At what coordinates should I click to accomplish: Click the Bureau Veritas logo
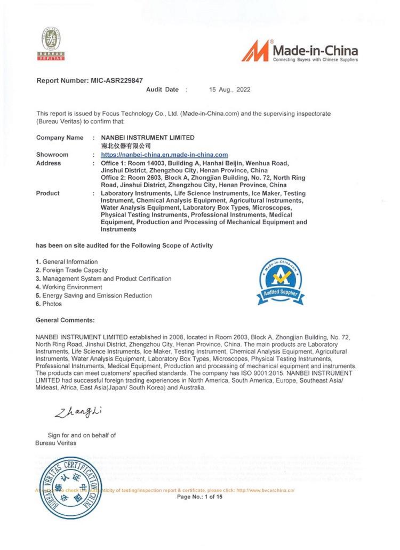pos(51,44)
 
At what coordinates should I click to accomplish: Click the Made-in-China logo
pos(300,52)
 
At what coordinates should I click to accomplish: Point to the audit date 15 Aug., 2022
pos(229,90)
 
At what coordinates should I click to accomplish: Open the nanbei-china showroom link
pos(164,155)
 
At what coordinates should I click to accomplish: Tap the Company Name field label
pos(60,138)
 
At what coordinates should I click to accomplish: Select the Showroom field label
pos(52,155)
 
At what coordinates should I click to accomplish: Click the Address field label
pos(49,163)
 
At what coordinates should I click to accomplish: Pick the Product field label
pos(48,193)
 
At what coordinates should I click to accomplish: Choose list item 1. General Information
pos(67,262)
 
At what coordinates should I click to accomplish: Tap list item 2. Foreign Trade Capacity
pos(71,270)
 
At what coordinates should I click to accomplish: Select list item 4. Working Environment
pos(69,287)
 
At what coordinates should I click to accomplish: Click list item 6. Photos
pos(49,304)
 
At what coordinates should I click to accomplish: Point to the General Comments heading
pos(65,320)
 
